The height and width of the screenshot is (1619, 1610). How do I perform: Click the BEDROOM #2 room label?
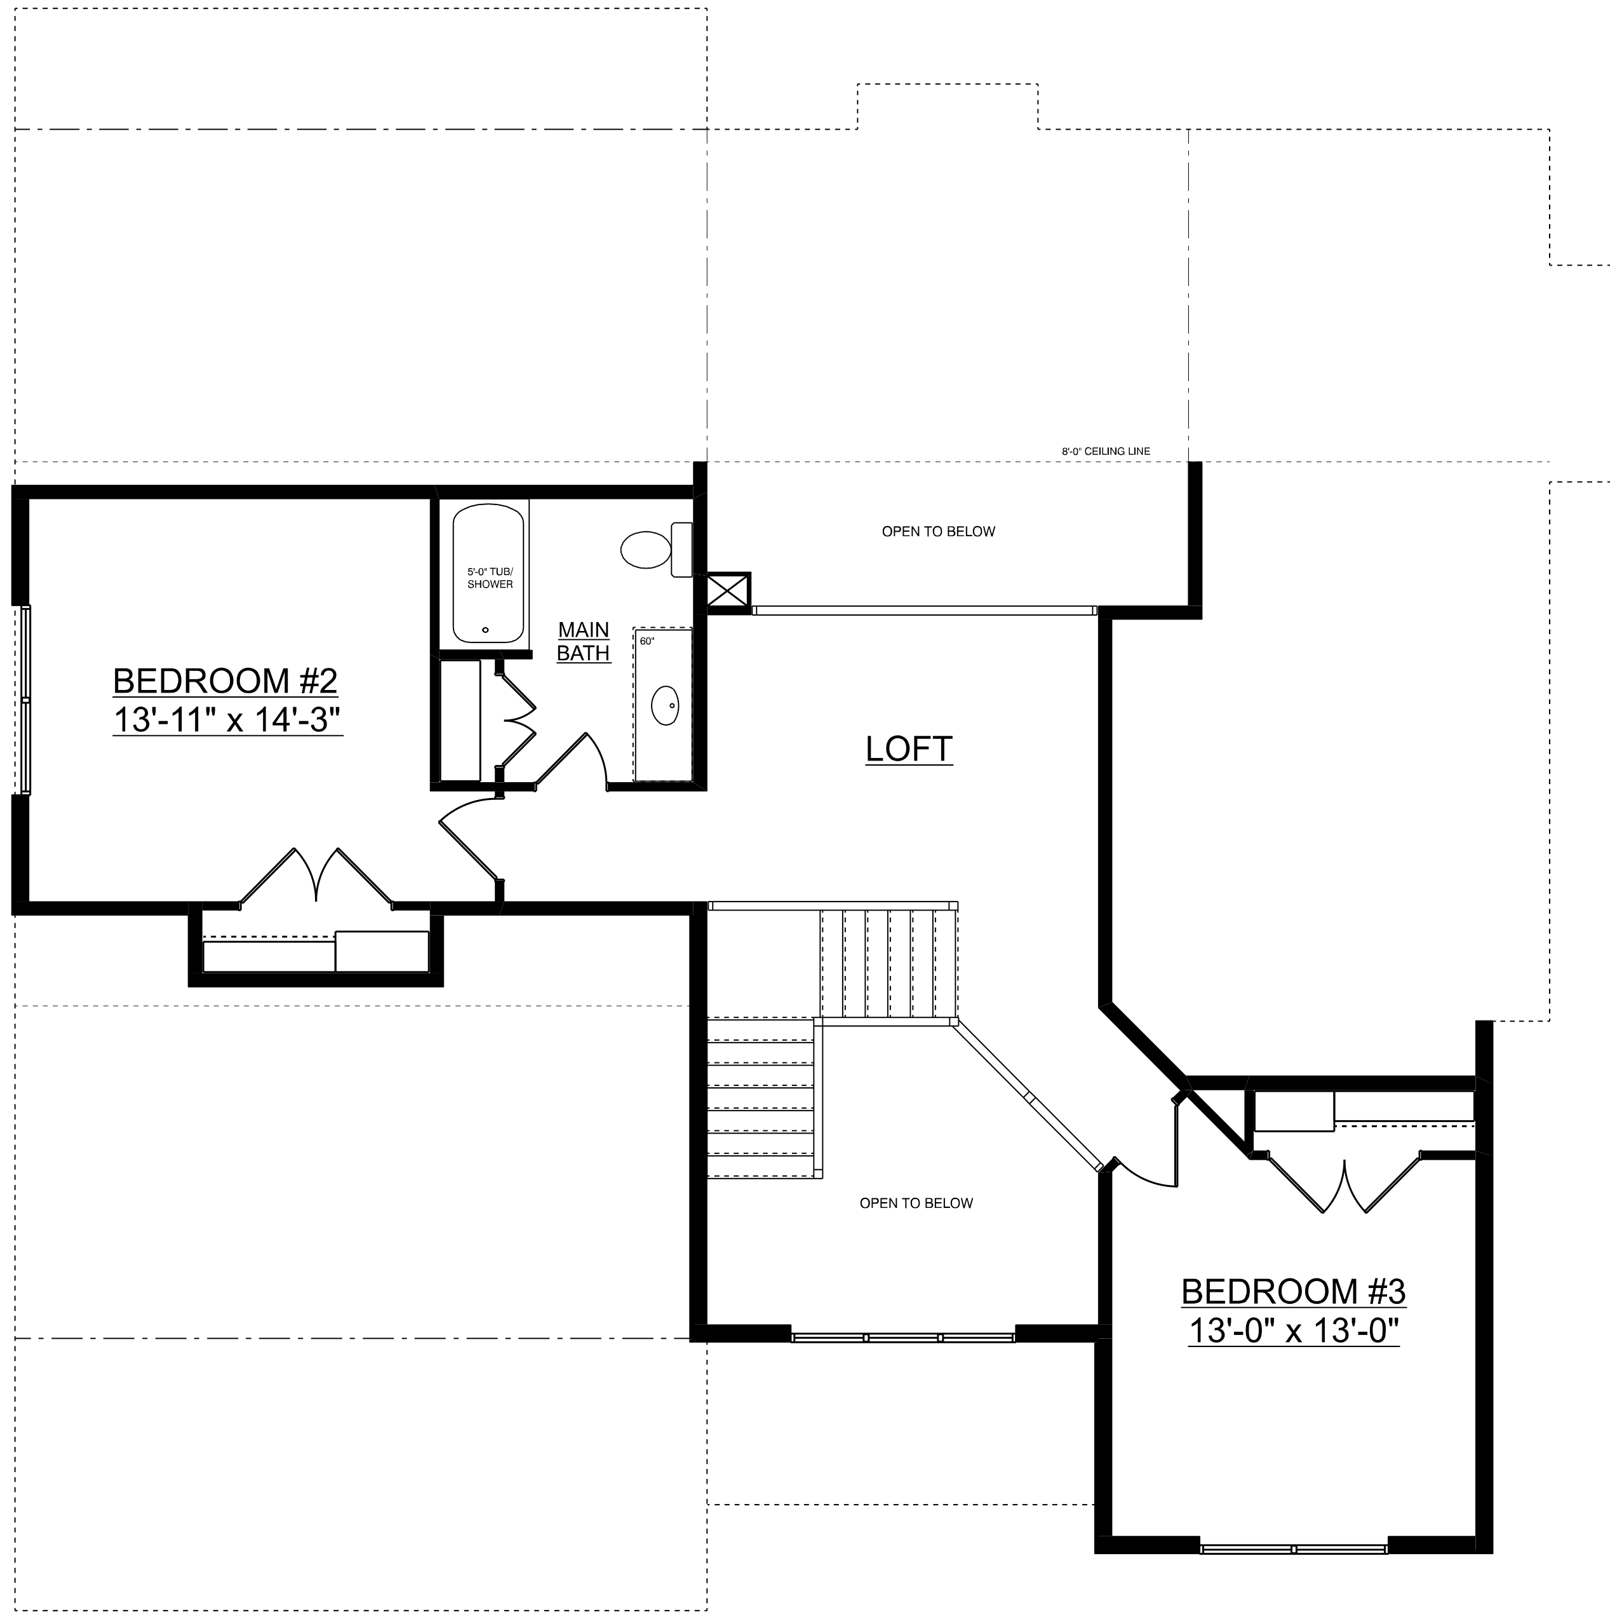coord(225,681)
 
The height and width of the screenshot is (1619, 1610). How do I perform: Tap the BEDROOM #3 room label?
coord(1293,1291)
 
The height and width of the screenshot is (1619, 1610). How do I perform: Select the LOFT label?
coord(909,749)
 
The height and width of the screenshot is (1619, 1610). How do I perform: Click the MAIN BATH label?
coord(584,641)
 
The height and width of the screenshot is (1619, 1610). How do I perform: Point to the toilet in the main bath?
coord(657,549)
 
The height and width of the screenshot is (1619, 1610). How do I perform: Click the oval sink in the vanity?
coord(665,705)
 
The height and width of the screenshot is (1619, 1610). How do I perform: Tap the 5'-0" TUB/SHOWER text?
coord(490,578)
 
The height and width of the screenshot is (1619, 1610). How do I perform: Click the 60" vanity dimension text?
coord(647,641)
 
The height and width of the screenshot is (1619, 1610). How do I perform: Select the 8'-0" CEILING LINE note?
coord(1106,452)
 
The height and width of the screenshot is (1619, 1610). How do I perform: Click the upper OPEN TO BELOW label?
coord(938,531)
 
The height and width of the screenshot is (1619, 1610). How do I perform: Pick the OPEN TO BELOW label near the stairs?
coord(916,1203)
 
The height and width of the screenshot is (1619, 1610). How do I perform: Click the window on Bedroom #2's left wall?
coord(25,700)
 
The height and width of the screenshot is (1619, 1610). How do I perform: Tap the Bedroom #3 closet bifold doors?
coord(1345,1184)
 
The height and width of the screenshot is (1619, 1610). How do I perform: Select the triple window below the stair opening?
coord(903,1338)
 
